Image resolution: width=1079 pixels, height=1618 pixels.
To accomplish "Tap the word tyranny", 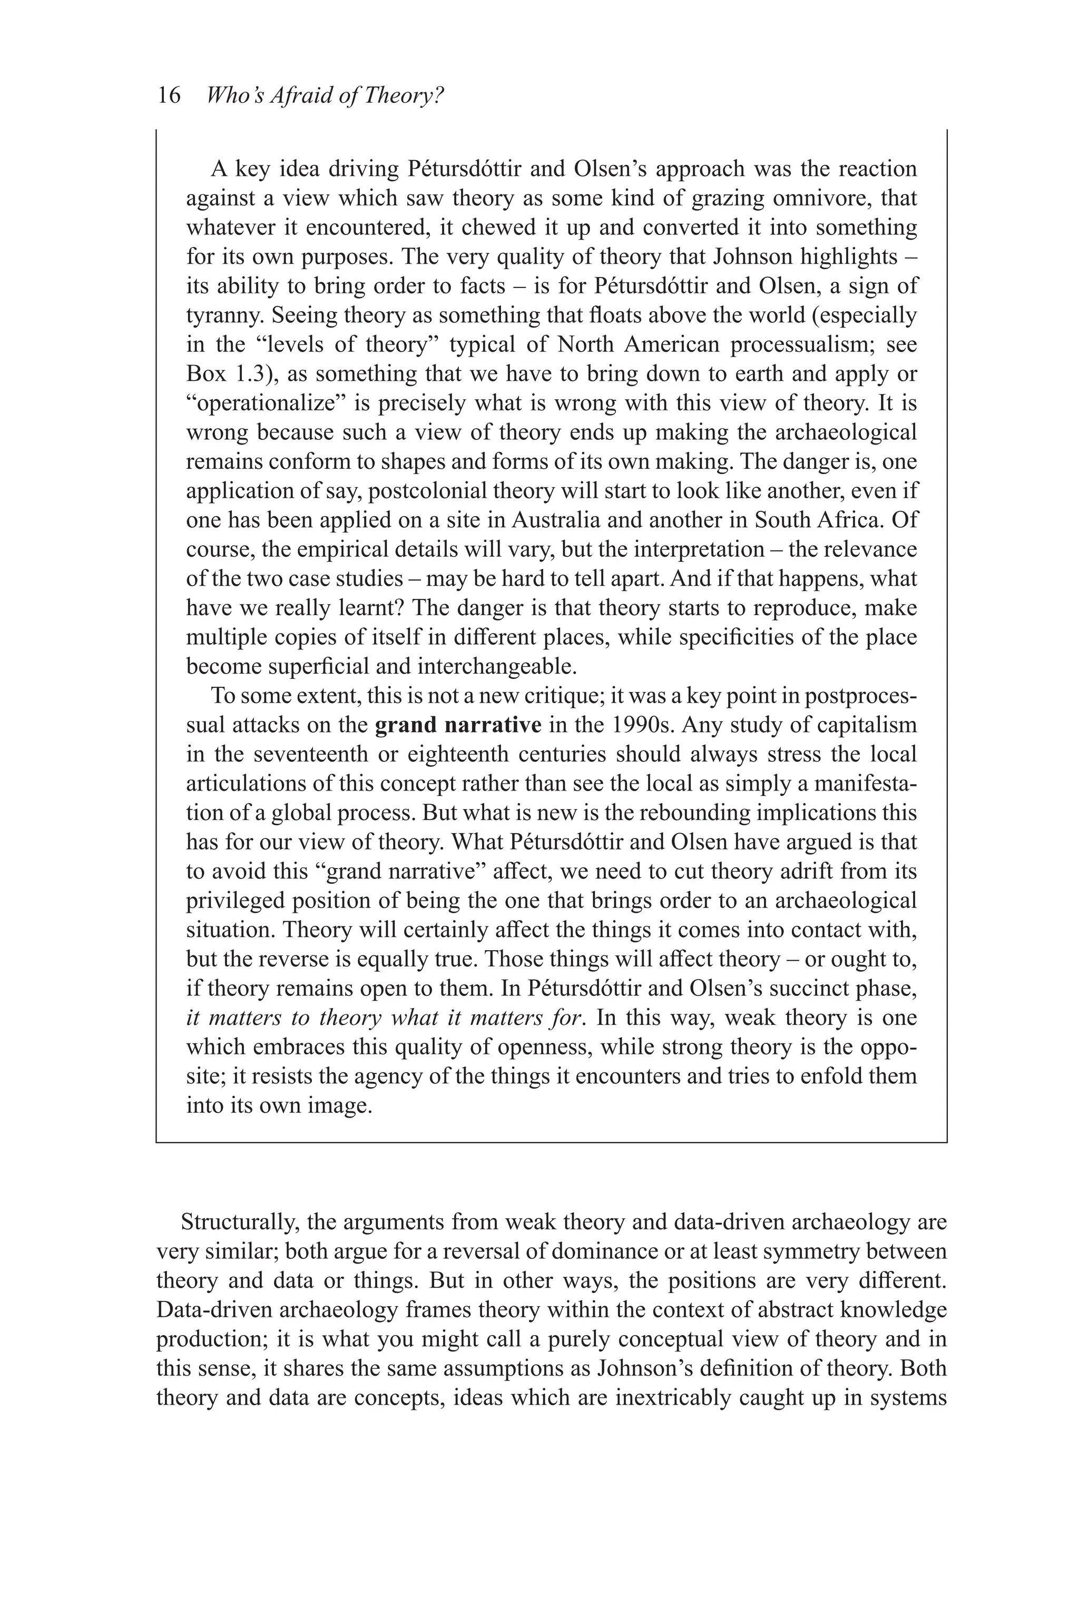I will [224, 315].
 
